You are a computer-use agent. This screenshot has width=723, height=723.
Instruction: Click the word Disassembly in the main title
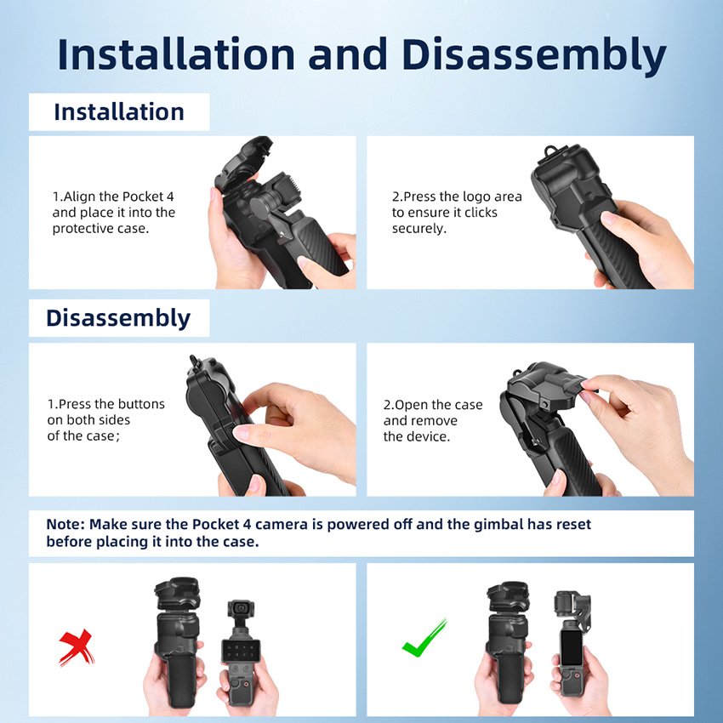pyautogui.click(x=534, y=55)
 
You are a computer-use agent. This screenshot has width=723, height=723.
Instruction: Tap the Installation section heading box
pyautogui.click(x=119, y=111)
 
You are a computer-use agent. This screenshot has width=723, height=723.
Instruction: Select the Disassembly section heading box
pyautogui.click(x=119, y=318)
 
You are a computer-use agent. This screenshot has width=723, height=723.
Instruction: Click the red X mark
pyautogui.click(x=77, y=647)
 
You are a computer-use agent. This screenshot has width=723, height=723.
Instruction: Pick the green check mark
pyautogui.click(x=424, y=638)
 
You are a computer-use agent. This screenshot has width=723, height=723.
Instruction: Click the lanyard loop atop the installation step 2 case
pyautogui.click(x=550, y=151)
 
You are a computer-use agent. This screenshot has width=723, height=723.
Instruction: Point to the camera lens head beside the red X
pyautogui.click(x=241, y=609)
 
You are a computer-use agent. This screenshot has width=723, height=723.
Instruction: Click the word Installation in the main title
pyautogui.click(x=176, y=55)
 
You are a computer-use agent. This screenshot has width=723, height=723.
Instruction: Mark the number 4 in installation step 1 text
pyautogui.click(x=170, y=196)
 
